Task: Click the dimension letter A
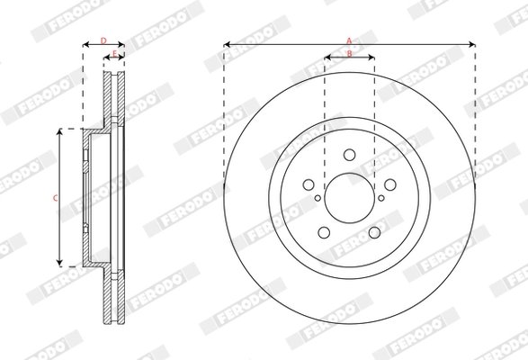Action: [x=349, y=39]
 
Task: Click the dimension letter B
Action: [x=349, y=55]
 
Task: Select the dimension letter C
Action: [x=54, y=197]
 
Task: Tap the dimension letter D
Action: [x=103, y=40]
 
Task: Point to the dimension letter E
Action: [x=114, y=54]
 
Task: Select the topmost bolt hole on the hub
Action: [x=349, y=155]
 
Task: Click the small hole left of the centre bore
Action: [x=318, y=199]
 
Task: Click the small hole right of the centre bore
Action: [x=380, y=199]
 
